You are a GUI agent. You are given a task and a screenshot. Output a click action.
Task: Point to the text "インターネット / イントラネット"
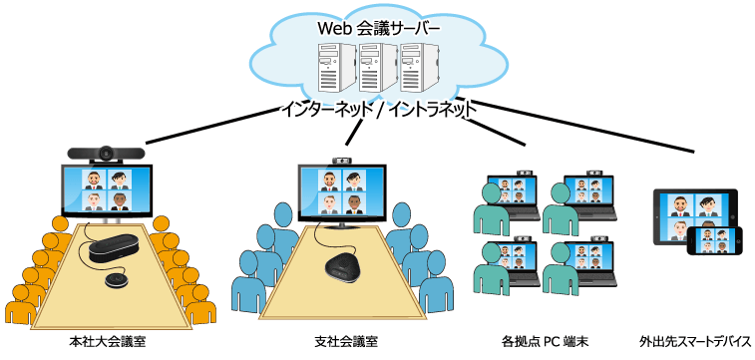pos(377,109)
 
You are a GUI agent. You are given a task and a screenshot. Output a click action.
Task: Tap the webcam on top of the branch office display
pos(342,160)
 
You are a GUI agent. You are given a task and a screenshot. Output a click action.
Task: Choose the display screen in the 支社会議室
pos(342,192)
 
